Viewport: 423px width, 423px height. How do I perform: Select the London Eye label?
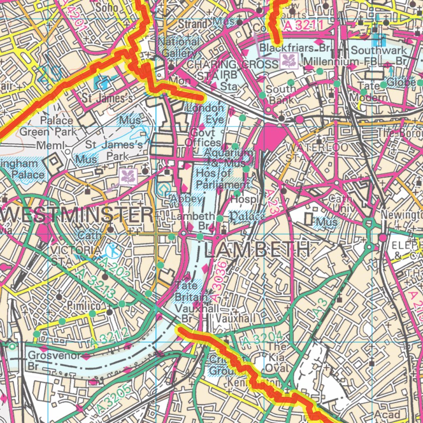coord(206,114)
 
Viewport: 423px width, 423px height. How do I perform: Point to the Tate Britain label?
coord(190,291)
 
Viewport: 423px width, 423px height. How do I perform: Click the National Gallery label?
coord(178,47)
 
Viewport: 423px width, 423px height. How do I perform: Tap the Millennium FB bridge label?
coord(333,61)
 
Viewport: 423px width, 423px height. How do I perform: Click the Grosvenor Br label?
coord(51,360)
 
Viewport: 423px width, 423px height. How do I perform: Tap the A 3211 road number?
coord(303,26)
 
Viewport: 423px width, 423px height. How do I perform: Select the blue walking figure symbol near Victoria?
coord(112,250)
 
